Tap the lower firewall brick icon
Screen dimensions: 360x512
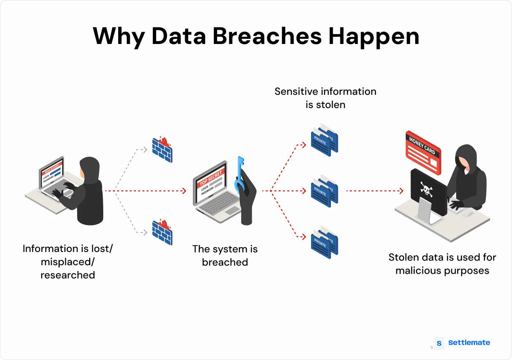tap(162, 232)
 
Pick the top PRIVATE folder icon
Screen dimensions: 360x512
tap(324, 138)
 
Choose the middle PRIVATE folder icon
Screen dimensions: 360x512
tap(324, 190)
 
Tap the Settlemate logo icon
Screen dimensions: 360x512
tap(439, 343)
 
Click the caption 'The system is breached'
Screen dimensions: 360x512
tap(225, 255)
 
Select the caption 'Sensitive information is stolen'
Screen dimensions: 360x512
tap(325, 98)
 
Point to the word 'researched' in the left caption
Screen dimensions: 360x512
tap(68, 275)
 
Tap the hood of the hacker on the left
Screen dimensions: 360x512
tap(89, 167)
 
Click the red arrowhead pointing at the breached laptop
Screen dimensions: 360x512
tap(184, 191)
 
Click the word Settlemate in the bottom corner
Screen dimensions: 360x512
tap(469, 342)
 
